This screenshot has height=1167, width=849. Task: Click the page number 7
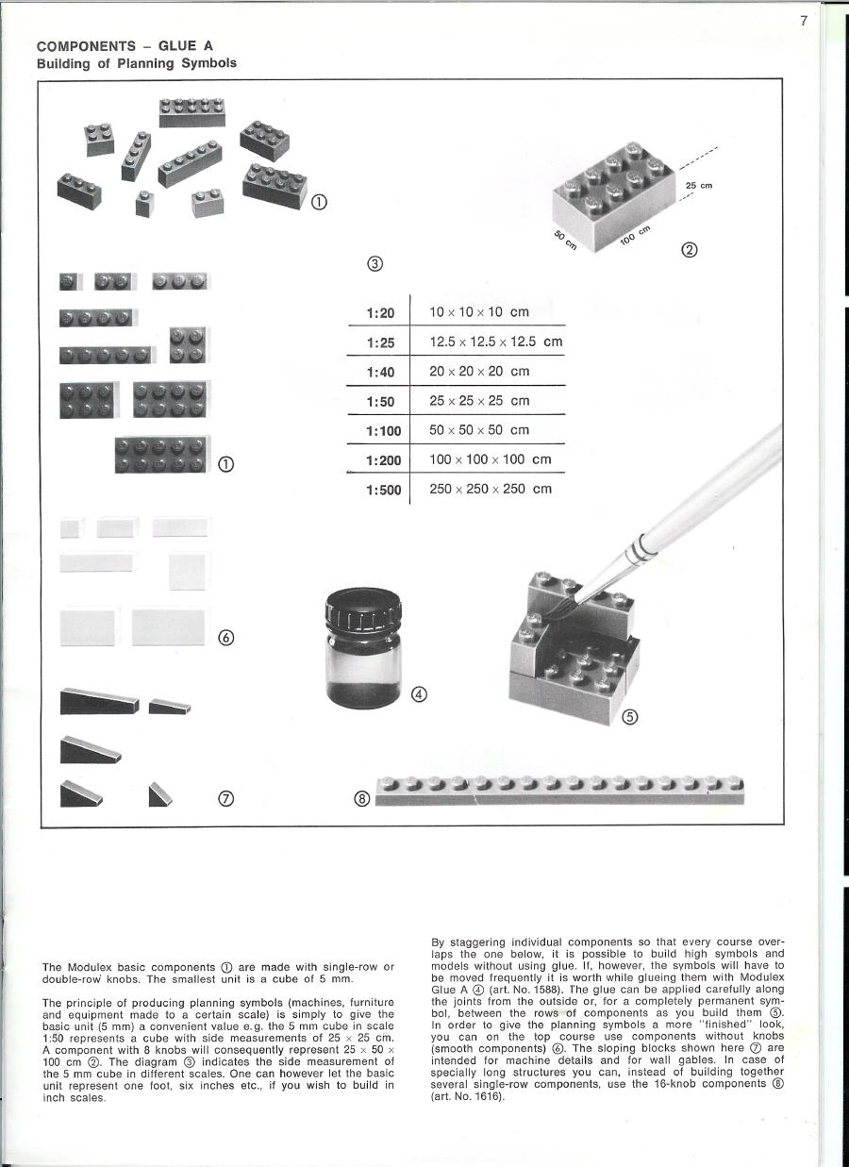click(804, 22)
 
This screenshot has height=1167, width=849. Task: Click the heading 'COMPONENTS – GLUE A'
click(125, 45)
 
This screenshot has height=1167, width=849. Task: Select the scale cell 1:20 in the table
click(380, 312)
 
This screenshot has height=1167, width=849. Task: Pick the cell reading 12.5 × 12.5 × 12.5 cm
click(495, 342)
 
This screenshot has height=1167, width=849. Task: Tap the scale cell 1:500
click(383, 490)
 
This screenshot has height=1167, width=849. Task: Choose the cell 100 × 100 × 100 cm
click(490, 459)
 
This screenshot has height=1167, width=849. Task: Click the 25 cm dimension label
click(698, 186)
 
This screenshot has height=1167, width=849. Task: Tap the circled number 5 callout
click(631, 716)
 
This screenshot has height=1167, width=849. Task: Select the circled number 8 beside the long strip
click(361, 800)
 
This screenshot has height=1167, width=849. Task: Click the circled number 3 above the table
click(375, 263)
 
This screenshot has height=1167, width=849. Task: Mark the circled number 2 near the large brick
click(690, 250)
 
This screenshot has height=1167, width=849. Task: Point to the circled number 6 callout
click(225, 637)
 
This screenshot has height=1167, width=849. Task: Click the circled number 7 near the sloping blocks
click(225, 799)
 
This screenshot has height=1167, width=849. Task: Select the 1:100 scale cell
click(383, 431)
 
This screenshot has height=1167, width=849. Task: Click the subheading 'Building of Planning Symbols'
click(136, 63)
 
